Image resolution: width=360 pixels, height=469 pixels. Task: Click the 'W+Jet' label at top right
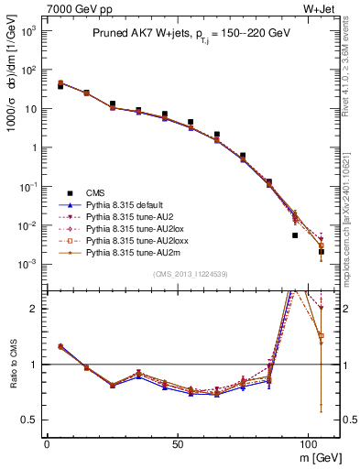click(x=321, y=8)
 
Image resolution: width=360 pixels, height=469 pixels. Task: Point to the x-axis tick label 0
click(x=47, y=442)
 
